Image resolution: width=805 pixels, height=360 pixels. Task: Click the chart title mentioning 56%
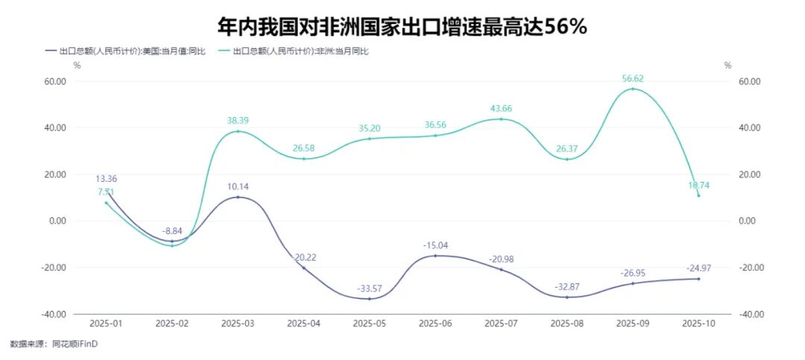[x=402, y=28]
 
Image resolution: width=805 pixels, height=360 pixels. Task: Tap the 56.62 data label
[x=633, y=77]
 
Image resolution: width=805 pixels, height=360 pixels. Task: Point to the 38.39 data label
[x=238, y=119]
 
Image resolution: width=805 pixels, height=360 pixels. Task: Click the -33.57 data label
[x=370, y=288]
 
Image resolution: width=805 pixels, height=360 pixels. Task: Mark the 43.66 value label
[x=501, y=108]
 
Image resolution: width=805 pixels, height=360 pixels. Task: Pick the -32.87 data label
[x=567, y=286]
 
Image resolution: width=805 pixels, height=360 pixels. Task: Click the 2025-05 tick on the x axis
[x=370, y=323]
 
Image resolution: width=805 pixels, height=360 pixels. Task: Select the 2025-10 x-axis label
[x=698, y=323]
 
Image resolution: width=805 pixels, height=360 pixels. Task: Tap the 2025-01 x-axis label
[x=106, y=323]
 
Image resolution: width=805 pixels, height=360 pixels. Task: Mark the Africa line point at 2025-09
[x=633, y=89]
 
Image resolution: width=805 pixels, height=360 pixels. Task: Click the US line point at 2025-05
[x=370, y=299]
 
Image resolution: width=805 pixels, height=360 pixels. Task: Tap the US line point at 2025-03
[x=238, y=197]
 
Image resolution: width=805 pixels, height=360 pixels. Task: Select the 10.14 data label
[x=238, y=186]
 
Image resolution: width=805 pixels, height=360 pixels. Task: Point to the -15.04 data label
[x=435, y=245]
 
